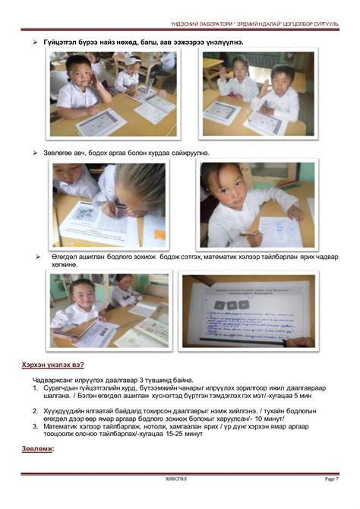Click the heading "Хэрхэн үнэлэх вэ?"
point(52,365)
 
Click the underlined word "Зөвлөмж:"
point(38,449)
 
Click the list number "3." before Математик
point(36,426)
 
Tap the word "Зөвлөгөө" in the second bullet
point(58,153)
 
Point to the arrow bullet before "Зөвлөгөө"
point(35,153)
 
